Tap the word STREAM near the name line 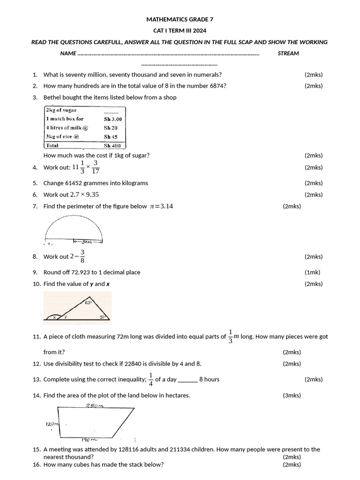pos(288,53)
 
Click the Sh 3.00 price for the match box pos(112,119)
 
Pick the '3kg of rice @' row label pos(62,137)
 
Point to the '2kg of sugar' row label pos(61,110)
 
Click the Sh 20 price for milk pos(111,128)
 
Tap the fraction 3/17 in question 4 pos(96,167)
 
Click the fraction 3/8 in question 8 pos(82,256)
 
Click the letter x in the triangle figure pos(54,317)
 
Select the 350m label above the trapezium pos(95,406)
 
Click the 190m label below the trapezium pos(89,440)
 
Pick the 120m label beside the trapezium pos(52,424)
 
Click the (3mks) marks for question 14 pos(292,396)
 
